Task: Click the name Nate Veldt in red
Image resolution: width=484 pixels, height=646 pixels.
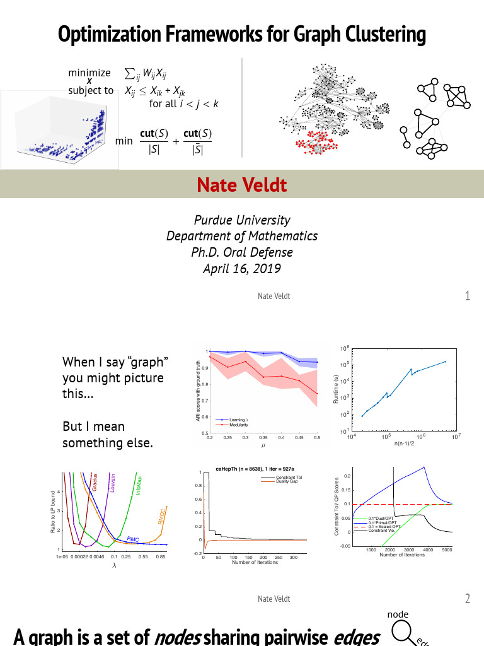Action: pyautogui.click(x=241, y=185)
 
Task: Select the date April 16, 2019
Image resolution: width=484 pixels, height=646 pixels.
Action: pyautogui.click(x=242, y=268)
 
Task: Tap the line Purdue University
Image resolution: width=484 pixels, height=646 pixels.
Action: pyautogui.click(x=242, y=220)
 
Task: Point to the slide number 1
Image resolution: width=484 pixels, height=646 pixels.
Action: pyautogui.click(x=467, y=296)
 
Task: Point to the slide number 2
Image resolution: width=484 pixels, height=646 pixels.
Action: pyautogui.click(x=467, y=599)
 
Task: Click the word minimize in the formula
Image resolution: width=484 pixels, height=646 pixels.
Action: pyautogui.click(x=89, y=73)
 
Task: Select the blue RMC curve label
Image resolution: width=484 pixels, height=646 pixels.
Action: pyautogui.click(x=133, y=539)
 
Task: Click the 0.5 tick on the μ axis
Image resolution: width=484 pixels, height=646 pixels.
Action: pyautogui.click(x=317, y=437)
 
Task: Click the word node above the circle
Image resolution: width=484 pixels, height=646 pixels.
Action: pyautogui.click(x=397, y=614)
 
